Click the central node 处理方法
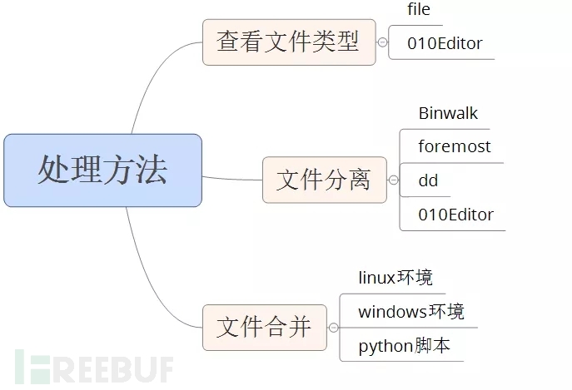[102, 170]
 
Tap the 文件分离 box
[324, 180]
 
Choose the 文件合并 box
[264, 327]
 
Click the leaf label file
[419, 10]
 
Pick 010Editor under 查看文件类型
[445, 43]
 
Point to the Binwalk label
[448, 113]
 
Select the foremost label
[455, 147]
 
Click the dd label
[428, 180]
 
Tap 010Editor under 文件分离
[456, 215]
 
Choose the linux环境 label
[395, 277]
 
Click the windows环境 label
[411, 312]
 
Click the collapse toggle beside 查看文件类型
[382, 42]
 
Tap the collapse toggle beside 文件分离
[393, 180]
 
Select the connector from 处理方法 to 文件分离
[232, 178]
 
